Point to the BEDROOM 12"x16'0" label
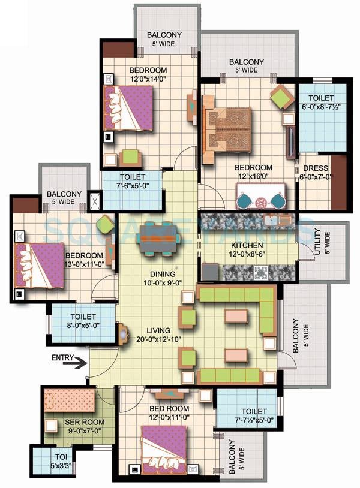click(x=253, y=173)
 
